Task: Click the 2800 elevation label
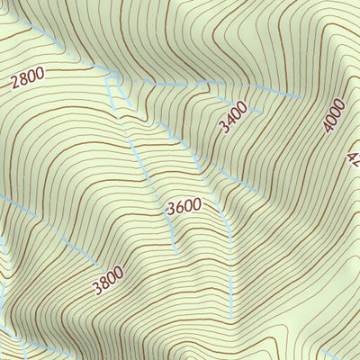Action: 27,82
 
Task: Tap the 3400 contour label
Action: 233,119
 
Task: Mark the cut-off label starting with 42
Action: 353,158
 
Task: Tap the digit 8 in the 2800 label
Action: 23,83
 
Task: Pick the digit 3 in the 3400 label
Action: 224,129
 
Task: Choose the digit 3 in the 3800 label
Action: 95,290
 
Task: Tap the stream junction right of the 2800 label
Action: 109,79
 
